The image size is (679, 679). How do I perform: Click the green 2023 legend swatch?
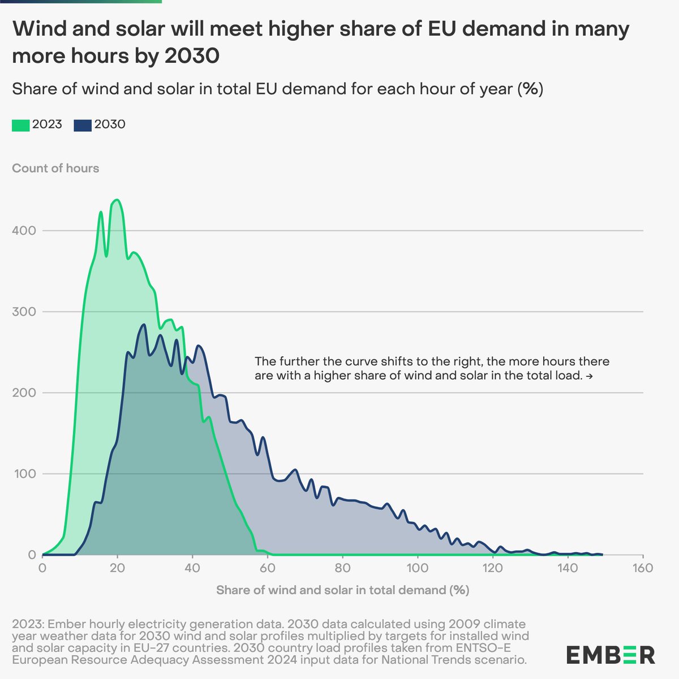(20, 126)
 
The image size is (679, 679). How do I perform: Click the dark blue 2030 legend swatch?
(83, 126)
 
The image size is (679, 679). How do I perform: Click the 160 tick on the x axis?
(643, 568)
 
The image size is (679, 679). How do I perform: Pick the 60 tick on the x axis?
(268, 568)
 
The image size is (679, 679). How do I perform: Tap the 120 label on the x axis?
(492, 568)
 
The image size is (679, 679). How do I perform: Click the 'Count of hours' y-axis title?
(55, 168)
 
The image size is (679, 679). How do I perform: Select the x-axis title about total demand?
(342, 590)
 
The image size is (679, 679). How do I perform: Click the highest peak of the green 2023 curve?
(117, 200)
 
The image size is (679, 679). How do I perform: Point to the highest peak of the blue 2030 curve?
(144, 325)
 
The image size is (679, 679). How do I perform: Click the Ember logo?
(611, 655)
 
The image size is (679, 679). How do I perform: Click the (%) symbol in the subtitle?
(532, 89)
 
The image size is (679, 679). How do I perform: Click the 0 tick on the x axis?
(42, 568)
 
